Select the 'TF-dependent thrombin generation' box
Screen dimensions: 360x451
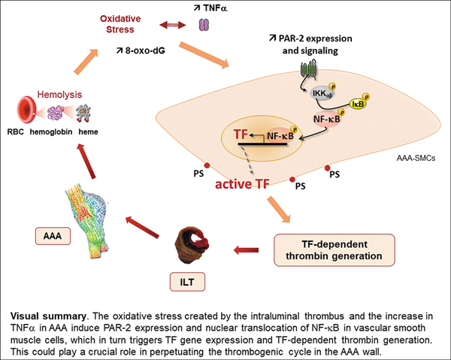[x=332, y=249]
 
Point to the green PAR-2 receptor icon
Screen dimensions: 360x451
[x=309, y=70]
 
